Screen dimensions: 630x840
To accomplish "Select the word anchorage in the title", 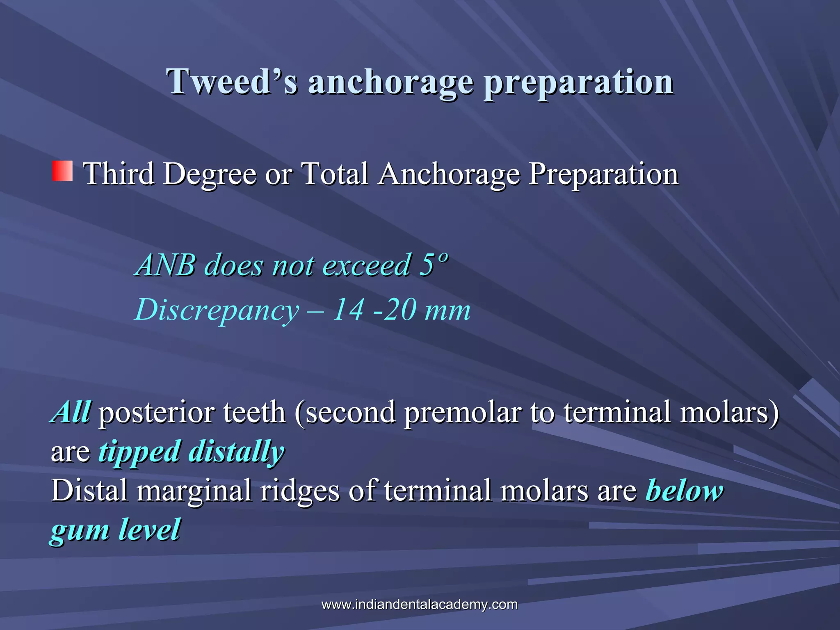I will coord(390,82).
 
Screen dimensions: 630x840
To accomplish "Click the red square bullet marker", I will coord(62,171).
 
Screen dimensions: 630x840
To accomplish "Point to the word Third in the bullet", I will coord(119,173).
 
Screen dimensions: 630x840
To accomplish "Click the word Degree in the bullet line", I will coord(210,174).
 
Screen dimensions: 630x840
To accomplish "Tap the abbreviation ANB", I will coord(166,265).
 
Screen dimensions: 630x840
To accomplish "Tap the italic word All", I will coord(71,412).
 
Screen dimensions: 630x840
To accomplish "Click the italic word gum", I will coord(80,530).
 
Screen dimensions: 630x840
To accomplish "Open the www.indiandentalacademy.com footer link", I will coord(420,604).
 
